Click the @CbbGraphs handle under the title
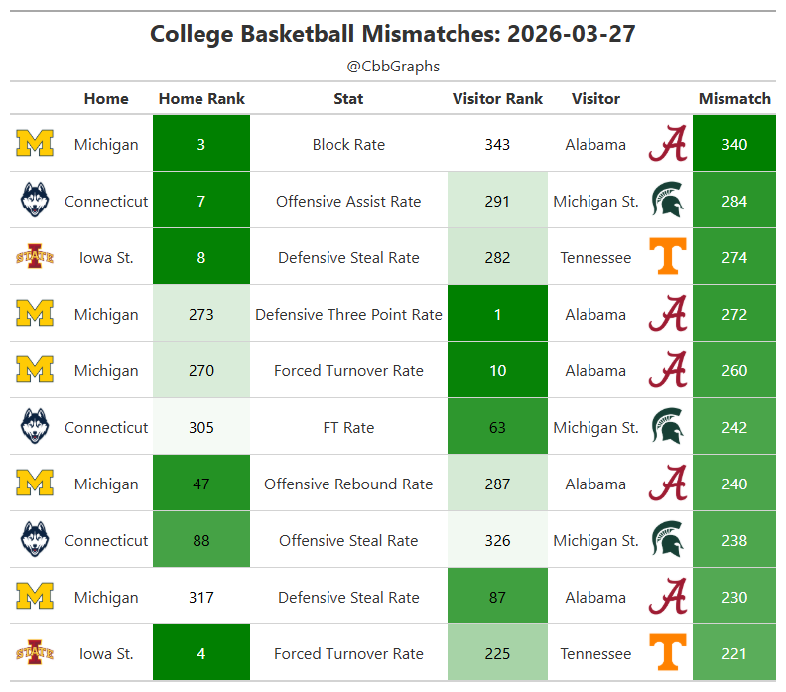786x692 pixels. [393, 67]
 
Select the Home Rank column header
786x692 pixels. [201, 98]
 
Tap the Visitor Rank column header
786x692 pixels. [497, 98]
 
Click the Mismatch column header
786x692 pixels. [734, 98]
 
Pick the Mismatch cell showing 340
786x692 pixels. [734, 143]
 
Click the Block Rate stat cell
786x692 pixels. [348, 144]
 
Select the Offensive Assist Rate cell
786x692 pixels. [348, 202]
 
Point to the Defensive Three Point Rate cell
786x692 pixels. [348, 315]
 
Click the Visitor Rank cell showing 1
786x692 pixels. [497, 314]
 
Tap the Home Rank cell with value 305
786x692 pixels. [201, 427]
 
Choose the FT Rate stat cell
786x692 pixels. [348, 427]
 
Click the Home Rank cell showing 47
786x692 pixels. [201, 484]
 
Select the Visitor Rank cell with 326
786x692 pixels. [497, 540]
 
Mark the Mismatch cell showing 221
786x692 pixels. [734, 653]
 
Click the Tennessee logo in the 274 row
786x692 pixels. [668, 256]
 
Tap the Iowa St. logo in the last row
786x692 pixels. [35, 653]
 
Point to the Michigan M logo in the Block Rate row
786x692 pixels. [35, 143]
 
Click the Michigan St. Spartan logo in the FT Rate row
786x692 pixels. [668, 426]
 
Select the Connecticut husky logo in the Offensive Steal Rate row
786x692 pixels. [35, 539]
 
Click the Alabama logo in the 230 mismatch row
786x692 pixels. [668, 597]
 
